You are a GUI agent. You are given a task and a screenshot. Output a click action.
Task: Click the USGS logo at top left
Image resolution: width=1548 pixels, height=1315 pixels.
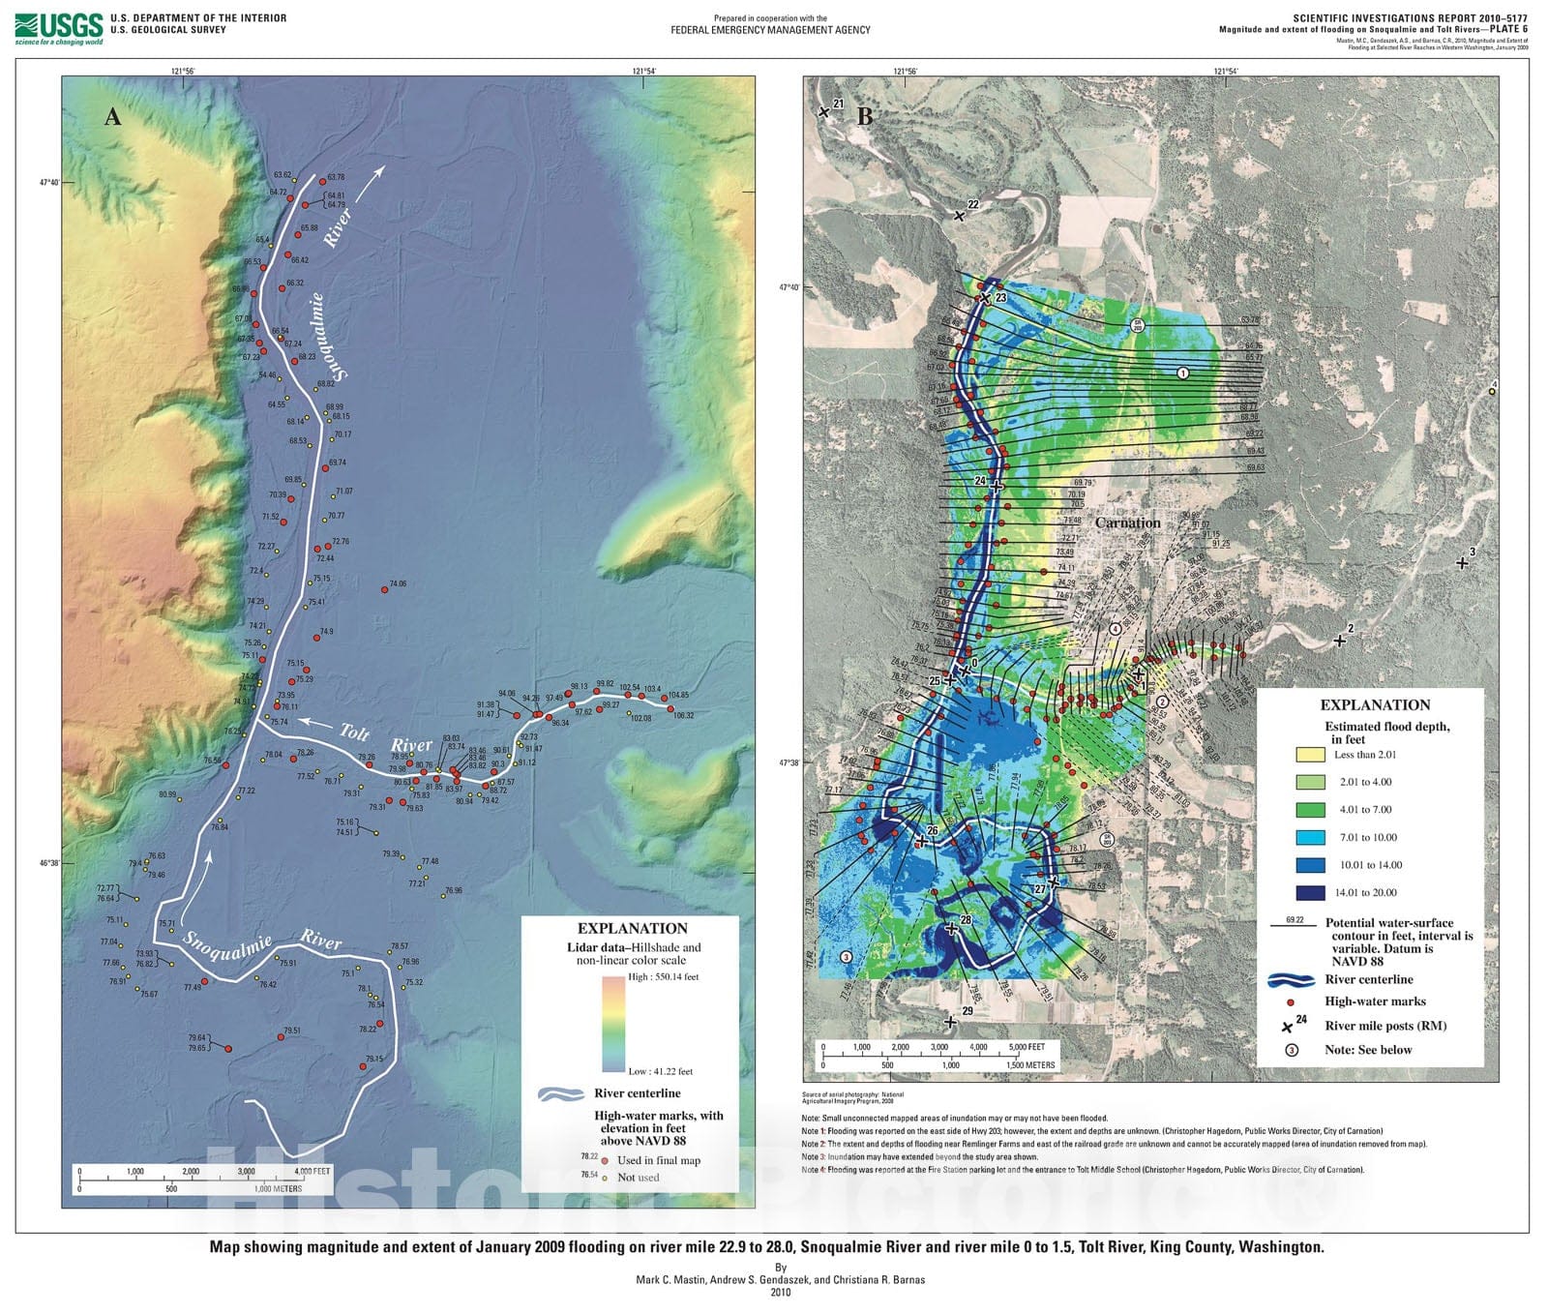(58, 28)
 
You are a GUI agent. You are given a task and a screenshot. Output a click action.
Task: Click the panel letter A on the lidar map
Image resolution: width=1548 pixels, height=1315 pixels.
(113, 117)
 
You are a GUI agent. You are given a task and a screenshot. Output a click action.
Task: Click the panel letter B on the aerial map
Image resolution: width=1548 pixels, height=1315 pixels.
(865, 116)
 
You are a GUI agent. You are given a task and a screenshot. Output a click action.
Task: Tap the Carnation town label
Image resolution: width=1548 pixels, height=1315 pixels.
(1127, 523)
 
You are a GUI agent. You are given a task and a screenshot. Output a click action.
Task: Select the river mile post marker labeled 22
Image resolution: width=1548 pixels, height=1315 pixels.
(960, 215)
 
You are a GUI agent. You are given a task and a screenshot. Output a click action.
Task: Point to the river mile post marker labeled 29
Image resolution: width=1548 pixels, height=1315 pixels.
(951, 1021)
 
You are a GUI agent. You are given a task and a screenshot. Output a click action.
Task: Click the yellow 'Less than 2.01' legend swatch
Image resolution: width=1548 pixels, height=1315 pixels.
(1310, 754)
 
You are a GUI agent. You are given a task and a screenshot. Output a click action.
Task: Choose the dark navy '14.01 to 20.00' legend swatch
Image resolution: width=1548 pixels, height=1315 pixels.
(1310, 893)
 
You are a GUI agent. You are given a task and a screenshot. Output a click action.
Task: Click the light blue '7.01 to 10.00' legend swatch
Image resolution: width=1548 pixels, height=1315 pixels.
(1310, 837)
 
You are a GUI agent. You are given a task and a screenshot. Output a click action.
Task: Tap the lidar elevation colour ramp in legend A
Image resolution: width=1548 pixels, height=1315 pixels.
(613, 1024)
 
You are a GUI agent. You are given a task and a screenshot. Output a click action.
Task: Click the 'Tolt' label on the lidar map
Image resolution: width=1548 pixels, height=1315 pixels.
(353, 731)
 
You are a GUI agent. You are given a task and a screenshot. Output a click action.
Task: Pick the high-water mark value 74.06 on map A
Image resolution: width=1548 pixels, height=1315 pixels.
(397, 584)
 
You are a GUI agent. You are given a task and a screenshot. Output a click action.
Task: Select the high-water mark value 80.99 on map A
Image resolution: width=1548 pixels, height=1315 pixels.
(167, 794)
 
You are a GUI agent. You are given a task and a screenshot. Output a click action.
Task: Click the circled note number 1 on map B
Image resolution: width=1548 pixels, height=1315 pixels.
(1182, 373)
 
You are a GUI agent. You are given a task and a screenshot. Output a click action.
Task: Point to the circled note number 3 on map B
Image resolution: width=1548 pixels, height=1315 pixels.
(846, 956)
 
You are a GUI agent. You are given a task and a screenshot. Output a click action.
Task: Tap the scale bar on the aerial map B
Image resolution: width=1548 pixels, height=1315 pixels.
(934, 1055)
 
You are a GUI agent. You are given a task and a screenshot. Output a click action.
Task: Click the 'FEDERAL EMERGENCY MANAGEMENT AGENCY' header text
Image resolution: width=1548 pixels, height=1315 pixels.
(770, 30)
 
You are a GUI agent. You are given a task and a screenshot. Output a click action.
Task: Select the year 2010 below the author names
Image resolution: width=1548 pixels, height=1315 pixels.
(781, 1292)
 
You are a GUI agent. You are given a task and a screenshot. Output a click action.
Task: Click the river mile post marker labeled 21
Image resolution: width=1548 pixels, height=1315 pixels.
(824, 112)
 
